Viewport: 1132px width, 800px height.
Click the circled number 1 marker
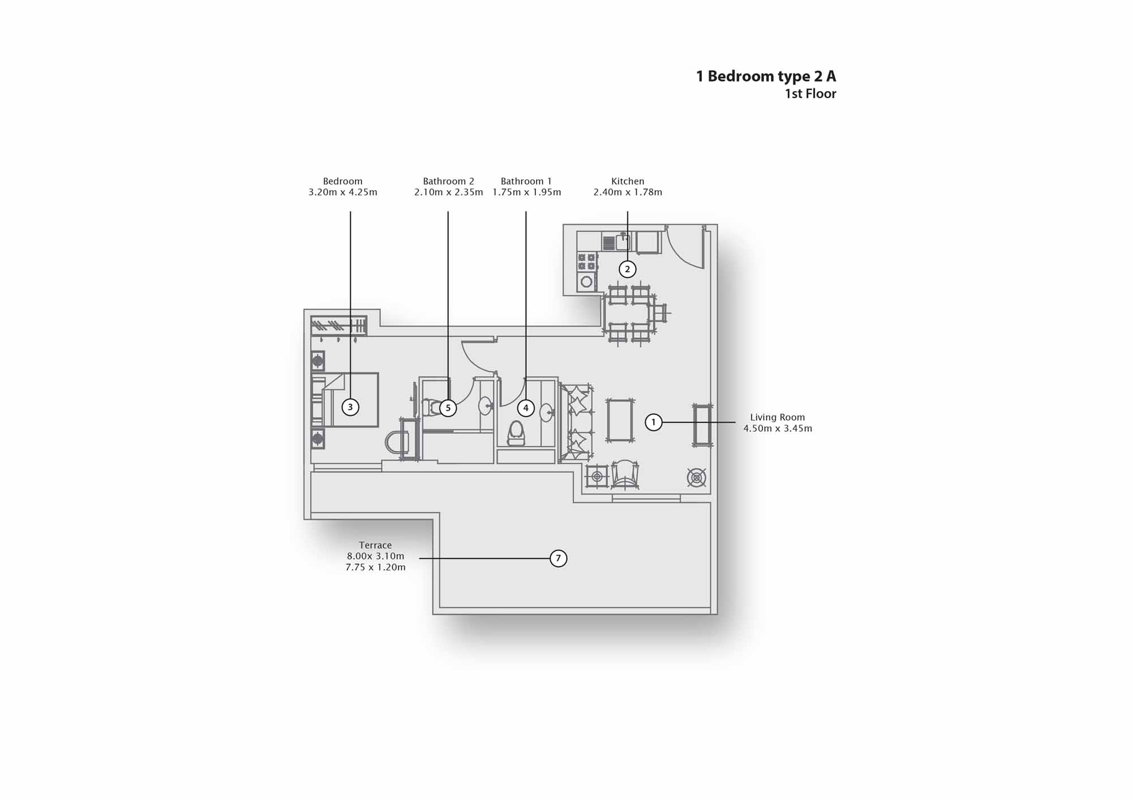(654, 422)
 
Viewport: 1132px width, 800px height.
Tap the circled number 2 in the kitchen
(627, 269)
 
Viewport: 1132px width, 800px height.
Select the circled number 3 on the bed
(350, 407)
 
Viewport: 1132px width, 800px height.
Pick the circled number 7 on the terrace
(558, 558)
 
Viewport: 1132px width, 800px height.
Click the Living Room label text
(777, 418)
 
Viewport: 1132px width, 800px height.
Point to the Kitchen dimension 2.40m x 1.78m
(628, 192)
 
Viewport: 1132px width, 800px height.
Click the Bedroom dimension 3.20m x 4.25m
(342, 192)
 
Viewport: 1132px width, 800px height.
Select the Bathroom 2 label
(448, 181)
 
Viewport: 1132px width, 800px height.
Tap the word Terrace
(375, 545)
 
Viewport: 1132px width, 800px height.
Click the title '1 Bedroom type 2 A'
(766, 76)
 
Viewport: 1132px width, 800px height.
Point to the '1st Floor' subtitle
(810, 94)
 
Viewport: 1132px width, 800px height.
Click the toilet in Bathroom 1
(516, 433)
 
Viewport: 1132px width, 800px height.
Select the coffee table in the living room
(620, 420)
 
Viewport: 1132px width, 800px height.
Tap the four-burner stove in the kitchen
(586, 261)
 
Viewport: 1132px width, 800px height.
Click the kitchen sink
(623, 242)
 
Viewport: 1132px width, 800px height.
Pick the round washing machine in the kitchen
(586, 281)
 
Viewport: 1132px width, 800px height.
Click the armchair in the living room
(625, 474)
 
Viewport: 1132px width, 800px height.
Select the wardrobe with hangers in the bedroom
(338, 326)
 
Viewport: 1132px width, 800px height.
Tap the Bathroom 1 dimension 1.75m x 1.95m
(527, 192)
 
